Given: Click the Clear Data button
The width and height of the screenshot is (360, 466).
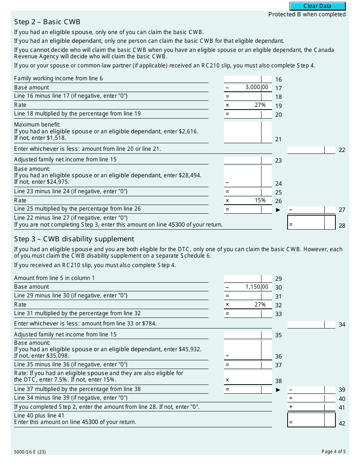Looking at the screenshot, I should click(x=318, y=6).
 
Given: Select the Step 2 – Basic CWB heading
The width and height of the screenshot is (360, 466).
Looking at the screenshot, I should click(x=47, y=22).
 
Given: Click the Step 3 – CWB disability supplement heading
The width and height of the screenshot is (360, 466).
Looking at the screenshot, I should click(x=74, y=239).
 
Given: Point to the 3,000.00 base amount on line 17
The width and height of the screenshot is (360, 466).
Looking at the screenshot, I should click(x=257, y=88).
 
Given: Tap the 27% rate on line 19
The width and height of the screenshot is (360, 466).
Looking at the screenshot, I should click(x=260, y=105).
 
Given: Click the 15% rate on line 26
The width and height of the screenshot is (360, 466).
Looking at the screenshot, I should click(x=260, y=200).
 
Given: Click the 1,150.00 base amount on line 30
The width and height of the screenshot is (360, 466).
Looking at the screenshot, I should click(x=257, y=287).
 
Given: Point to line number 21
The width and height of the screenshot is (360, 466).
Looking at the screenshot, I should click(x=279, y=139).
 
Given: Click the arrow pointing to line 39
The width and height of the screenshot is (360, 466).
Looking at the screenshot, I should click(x=279, y=389).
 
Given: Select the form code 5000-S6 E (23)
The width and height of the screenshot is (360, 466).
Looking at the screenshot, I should click(x=30, y=452).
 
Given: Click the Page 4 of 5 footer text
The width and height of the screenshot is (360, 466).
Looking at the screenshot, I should click(x=333, y=451).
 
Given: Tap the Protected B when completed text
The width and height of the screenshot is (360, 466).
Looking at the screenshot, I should click(x=307, y=14).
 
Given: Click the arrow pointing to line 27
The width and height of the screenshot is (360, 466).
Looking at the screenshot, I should click(x=279, y=210).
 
